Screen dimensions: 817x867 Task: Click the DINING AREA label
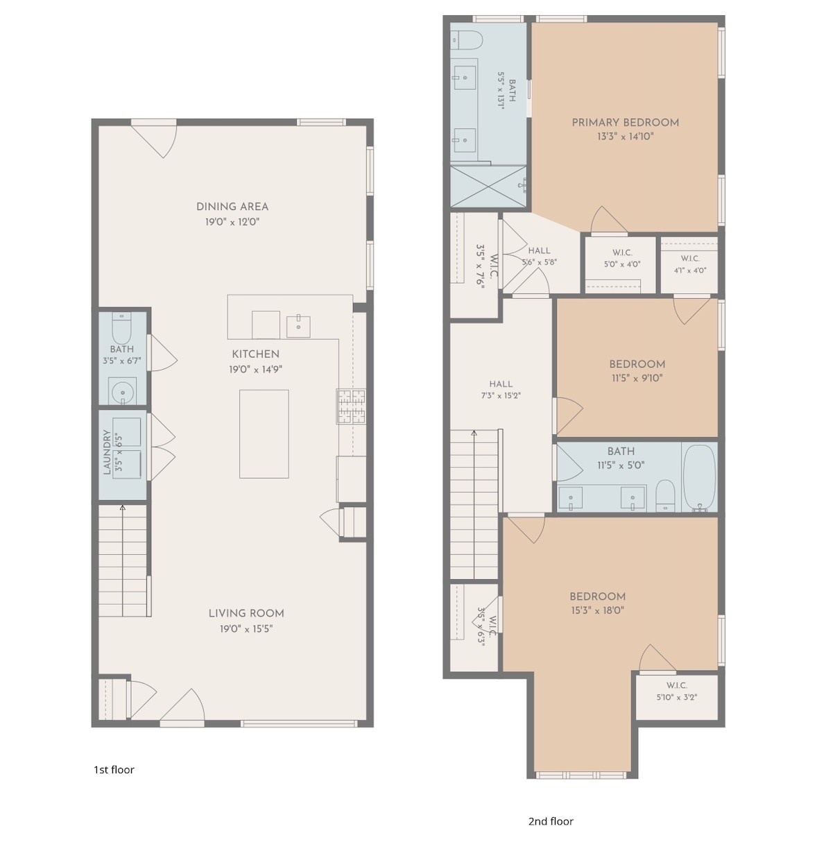[x=232, y=207]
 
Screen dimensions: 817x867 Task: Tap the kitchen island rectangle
[x=264, y=433]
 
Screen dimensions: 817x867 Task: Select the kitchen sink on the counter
[x=298, y=326]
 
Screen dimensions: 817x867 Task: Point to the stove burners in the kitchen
[x=351, y=406]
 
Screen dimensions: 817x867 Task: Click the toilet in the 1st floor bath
[x=122, y=327]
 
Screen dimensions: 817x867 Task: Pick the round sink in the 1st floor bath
[x=122, y=391]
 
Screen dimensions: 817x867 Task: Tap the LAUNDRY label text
[x=107, y=452]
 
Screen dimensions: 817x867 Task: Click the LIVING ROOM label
[x=246, y=613]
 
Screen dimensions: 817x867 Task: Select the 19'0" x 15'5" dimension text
[x=246, y=628]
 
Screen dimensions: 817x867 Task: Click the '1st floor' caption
[x=114, y=769]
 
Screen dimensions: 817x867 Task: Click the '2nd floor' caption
[x=551, y=821]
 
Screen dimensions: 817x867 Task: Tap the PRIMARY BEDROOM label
[x=626, y=123]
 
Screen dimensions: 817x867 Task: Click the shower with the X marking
[x=488, y=186]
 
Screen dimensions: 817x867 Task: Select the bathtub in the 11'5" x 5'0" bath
[x=699, y=478]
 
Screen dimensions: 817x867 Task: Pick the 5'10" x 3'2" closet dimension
[x=676, y=697]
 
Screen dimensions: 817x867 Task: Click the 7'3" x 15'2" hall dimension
[x=501, y=395]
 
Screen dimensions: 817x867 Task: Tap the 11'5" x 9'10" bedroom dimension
[x=637, y=378]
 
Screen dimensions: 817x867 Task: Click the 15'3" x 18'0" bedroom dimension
[x=597, y=610]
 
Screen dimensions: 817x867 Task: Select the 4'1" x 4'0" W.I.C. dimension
[x=690, y=271]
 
